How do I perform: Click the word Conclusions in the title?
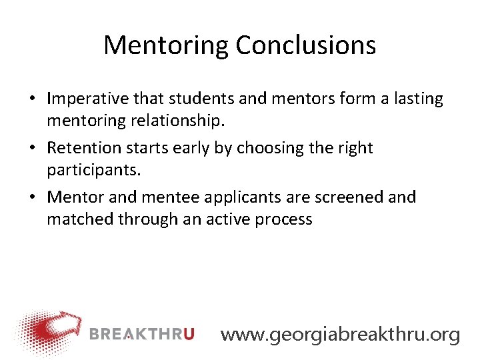(x=305, y=45)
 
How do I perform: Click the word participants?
(x=93, y=170)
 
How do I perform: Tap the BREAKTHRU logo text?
(x=141, y=333)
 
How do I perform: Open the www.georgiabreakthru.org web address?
(x=340, y=334)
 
